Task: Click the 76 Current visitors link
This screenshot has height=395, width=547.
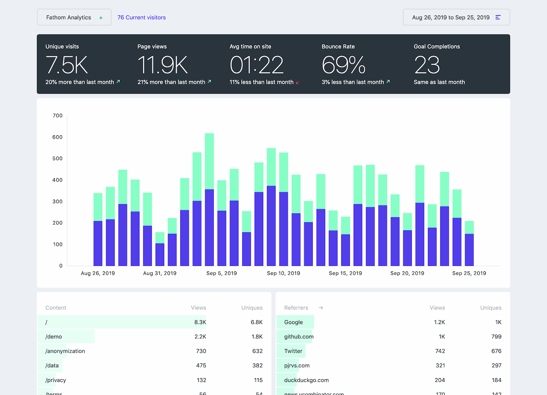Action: coord(141,17)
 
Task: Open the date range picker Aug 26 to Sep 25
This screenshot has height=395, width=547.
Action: coord(456,17)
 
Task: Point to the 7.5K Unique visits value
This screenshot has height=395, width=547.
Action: coord(67,65)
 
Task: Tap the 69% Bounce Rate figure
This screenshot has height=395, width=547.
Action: coord(343,65)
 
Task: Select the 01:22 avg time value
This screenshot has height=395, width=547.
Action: coord(257,65)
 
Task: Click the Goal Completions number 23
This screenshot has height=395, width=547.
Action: coord(427,65)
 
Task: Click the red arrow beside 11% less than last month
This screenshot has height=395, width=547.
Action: coord(297,82)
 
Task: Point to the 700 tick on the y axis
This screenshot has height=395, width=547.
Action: coord(57,116)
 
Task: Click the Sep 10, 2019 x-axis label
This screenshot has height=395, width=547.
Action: coord(284,273)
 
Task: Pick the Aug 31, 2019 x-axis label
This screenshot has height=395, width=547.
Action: coord(159,273)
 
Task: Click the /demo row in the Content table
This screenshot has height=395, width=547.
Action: coord(54,336)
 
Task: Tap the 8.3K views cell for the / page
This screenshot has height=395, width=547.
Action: coord(200,322)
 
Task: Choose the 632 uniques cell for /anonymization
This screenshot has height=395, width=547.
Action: coord(257,351)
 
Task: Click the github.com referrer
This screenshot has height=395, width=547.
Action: coord(299,336)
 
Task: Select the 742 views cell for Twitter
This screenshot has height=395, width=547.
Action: coord(440,351)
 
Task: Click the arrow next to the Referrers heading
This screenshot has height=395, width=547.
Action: coord(321,308)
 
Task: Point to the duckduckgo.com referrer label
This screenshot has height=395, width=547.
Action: coord(306,380)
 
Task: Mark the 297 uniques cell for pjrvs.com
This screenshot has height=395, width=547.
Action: coord(496,365)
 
